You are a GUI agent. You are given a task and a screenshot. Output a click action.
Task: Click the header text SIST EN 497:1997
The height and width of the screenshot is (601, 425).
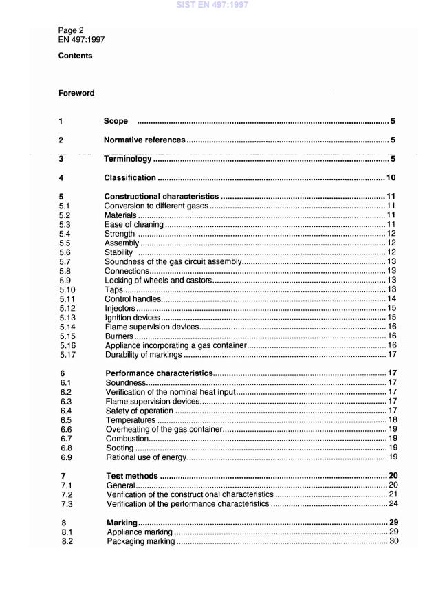click(x=212, y=5)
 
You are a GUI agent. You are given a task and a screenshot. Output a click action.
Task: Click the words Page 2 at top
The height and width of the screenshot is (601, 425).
click(x=71, y=31)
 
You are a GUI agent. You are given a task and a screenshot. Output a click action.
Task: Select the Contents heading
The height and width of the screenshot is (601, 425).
click(x=75, y=56)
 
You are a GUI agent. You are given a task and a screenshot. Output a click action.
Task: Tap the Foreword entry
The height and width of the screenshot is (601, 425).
click(x=76, y=93)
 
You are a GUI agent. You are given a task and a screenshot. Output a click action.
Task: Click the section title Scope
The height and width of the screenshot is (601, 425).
click(x=116, y=121)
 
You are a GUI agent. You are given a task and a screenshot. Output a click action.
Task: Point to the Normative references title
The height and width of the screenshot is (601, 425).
click(x=144, y=140)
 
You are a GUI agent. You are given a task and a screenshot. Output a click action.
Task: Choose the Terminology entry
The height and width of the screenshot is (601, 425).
click(x=127, y=159)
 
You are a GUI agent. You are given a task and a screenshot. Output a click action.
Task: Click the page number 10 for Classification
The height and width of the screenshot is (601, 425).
click(x=390, y=178)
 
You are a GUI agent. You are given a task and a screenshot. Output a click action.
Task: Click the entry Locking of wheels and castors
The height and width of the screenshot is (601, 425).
click(x=157, y=281)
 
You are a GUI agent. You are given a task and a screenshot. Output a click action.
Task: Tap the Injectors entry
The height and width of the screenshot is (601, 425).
click(x=120, y=309)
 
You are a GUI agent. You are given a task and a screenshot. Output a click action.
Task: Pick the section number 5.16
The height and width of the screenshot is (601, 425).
click(x=67, y=346)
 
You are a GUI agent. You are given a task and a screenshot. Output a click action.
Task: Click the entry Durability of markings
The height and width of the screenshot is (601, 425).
click(x=143, y=355)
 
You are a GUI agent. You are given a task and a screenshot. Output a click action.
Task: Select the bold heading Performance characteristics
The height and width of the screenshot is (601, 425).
click(x=159, y=373)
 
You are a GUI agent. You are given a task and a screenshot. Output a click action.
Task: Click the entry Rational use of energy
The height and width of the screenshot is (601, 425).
click(x=146, y=457)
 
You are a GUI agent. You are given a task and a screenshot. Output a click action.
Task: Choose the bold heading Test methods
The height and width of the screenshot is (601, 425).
click(x=132, y=476)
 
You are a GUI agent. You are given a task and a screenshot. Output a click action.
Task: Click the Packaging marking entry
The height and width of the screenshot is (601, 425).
click(x=141, y=542)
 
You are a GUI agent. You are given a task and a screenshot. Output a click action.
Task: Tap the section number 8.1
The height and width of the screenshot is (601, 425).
click(x=65, y=532)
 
